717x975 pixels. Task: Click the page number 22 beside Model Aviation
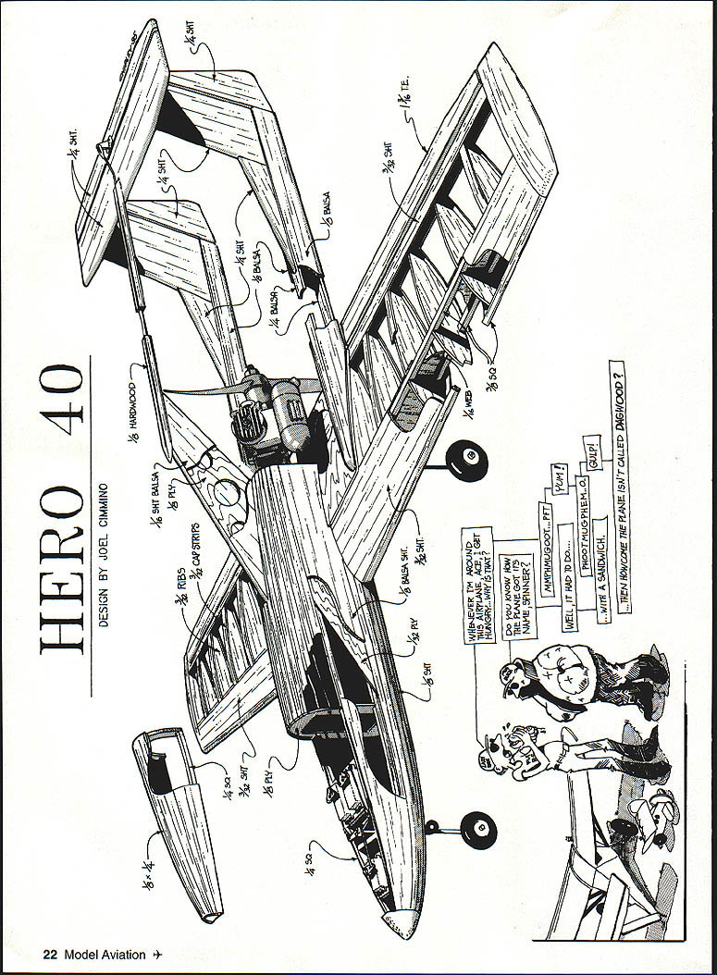[49, 955]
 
